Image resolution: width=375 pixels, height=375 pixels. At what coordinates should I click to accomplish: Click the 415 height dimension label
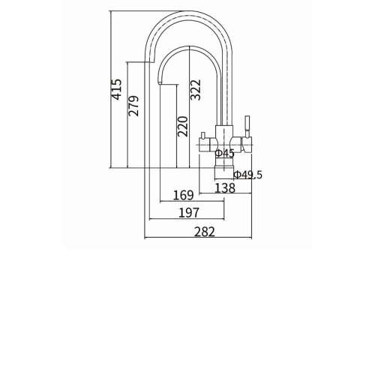pos(117,89)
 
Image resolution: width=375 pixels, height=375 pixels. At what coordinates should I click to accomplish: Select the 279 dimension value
pos(133,106)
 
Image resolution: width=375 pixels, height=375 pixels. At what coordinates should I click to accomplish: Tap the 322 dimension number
pos(196,90)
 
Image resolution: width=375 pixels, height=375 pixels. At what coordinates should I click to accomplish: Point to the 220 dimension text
pos(182,126)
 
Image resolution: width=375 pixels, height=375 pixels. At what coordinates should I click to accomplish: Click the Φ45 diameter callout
pos(225,153)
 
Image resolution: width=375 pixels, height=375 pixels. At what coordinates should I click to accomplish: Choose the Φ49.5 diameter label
pos(248,175)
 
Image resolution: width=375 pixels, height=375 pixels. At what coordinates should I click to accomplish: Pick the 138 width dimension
pos(225,187)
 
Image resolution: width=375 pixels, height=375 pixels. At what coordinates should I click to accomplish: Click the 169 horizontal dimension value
pos(184,195)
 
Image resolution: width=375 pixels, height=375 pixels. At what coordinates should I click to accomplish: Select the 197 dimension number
pos(189,212)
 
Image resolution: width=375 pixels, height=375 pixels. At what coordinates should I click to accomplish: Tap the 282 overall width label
pos(205,232)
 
